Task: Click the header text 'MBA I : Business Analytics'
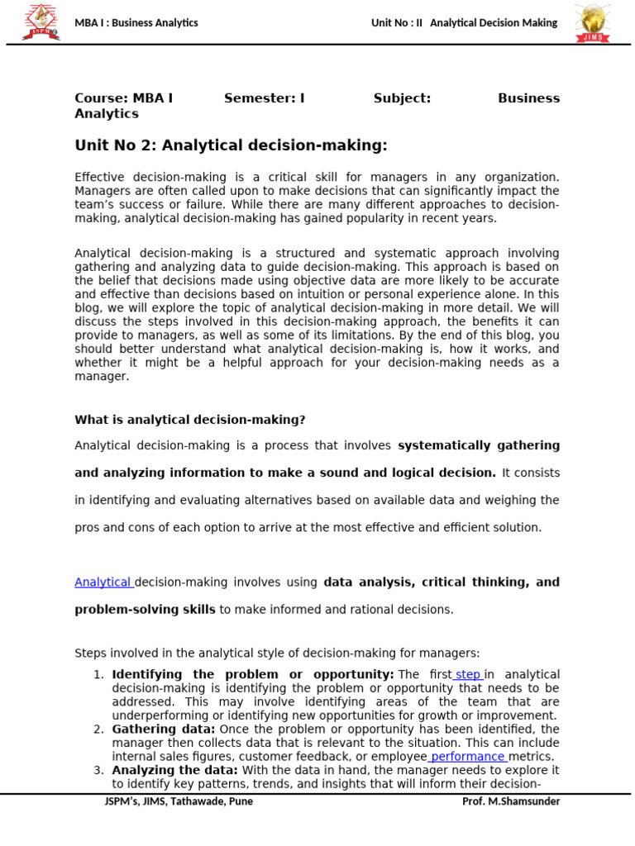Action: [136, 23]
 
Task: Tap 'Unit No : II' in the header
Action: [397, 23]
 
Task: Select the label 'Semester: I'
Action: [264, 98]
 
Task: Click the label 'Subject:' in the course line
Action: [402, 98]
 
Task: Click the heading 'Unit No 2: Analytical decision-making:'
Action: [231, 146]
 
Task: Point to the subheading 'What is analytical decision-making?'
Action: [190, 420]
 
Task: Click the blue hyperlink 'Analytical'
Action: [103, 582]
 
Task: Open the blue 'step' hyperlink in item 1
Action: [467, 675]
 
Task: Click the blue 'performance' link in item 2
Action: [468, 757]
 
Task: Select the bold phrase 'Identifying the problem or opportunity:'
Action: [252, 675]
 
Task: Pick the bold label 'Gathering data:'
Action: [164, 730]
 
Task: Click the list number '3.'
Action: [98, 771]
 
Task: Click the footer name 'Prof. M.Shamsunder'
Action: [510, 801]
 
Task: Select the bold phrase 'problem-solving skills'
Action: [145, 610]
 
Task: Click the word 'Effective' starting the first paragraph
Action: [101, 178]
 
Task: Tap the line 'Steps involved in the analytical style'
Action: [277, 654]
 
